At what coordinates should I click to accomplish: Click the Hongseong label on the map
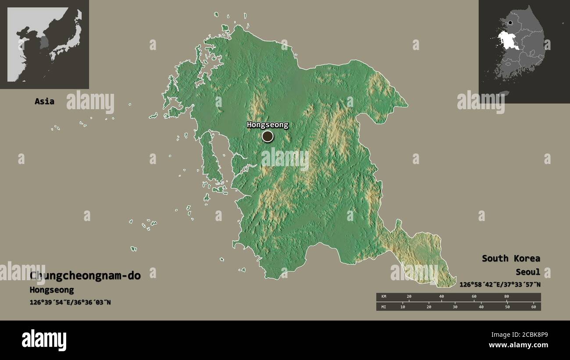[267, 125]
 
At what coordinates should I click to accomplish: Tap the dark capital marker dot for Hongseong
[267, 137]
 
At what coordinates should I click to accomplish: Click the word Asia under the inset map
[44, 101]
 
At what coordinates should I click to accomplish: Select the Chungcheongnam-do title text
[85, 275]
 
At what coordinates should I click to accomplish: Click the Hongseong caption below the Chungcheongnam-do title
[52, 290]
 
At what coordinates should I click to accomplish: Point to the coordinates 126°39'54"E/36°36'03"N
[70, 302]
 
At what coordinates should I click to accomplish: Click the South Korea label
[511, 258]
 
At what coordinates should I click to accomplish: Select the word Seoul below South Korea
[528, 272]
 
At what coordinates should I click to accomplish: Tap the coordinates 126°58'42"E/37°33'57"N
[500, 285]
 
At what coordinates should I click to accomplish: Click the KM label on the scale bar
[384, 297]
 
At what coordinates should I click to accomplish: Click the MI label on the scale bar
[384, 307]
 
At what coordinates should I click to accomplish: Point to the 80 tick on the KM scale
[506, 297]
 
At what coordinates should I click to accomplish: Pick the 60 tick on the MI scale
[534, 307]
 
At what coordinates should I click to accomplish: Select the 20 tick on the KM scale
[409, 297]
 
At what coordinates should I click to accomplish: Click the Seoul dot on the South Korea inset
[511, 23]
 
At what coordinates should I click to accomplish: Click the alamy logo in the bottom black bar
[44, 340]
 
